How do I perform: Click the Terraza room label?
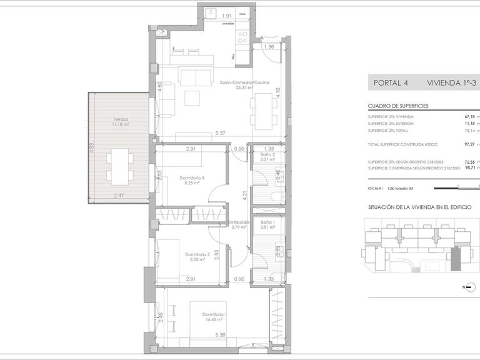(x=121, y=119)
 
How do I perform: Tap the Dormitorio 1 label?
(x=214, y=314)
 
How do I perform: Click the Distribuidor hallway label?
(x=238, y=222)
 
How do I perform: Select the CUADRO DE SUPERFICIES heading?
(x=398, y=106)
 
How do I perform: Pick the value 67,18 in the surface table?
(x=470, y=117)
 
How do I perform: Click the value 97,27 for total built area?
(x=470, y=144)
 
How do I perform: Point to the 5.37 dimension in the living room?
(x=219, y=133)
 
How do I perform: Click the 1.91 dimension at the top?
(x=228, y=15)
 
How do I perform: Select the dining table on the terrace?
(x=119, y=166)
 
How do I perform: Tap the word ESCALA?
(x=376, y=187)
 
